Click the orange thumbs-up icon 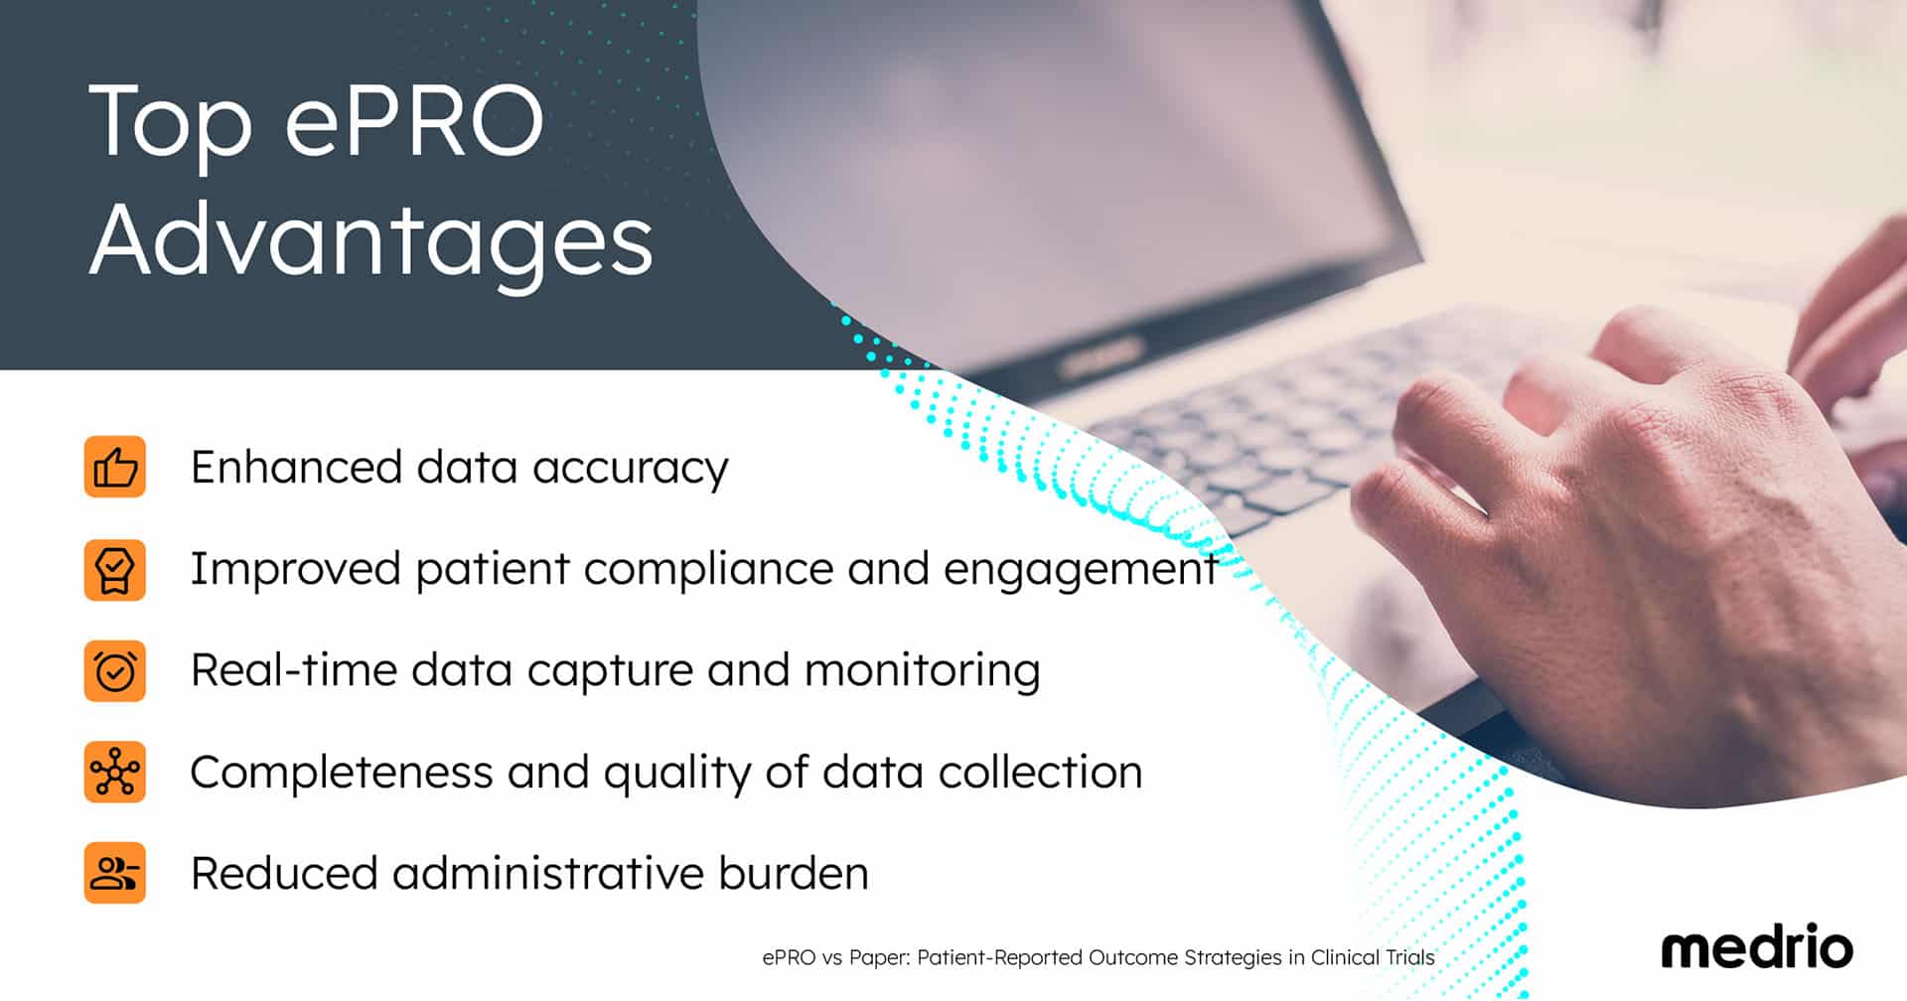pos(115,467)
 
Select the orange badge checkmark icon pos(115,570)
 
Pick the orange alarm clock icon pos(115,671)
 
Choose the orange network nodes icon pos(115,773)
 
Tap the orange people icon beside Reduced pos(115,873)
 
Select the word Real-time pos(294,670)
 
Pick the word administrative pos(548,874)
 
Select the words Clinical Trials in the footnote pos(1373,958)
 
